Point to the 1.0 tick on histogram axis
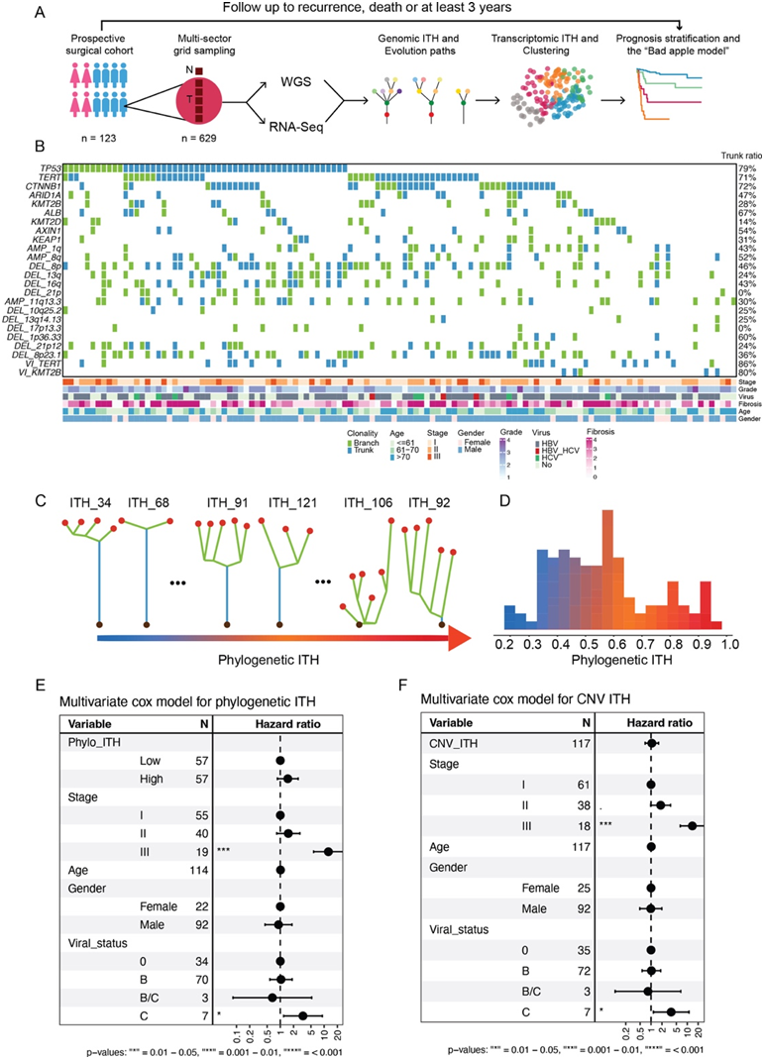[727, 643]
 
